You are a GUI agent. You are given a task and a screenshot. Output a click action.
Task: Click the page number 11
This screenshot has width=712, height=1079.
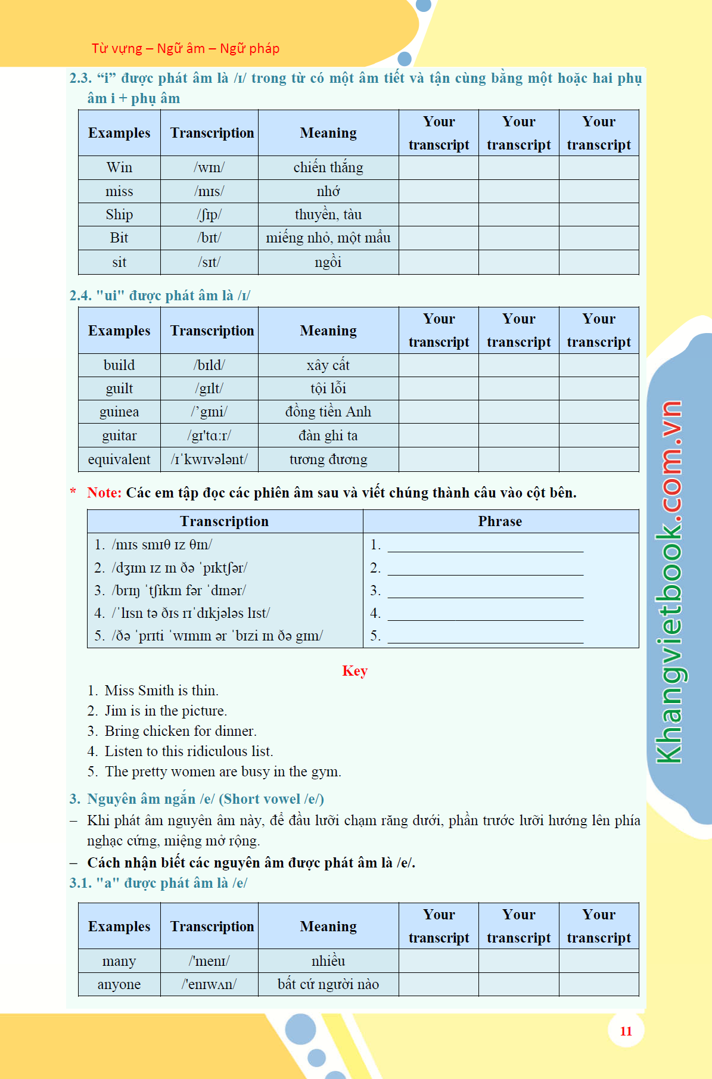pyautogui.click(x=626, y=1031)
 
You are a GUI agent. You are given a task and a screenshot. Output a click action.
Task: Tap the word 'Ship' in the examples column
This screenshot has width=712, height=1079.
pyautogui.click(x=119, y=214)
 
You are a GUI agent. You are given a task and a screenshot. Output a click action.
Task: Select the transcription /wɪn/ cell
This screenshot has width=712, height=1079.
pyautogui.click(x=209, y=168)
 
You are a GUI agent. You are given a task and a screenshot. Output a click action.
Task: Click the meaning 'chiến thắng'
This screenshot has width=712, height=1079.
pyautogui.click(x=328, y=168)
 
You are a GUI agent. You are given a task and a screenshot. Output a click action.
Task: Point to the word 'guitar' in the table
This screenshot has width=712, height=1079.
pyautogui.click(x=119, y=436)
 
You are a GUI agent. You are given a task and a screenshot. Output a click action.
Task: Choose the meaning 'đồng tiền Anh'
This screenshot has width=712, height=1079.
pyautogui.click(x=328, y=412)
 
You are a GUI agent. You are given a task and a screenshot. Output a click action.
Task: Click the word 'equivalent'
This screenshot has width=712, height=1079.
pyautogui.click(x=119, y=459)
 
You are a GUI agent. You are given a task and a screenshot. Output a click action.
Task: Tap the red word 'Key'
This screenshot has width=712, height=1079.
pyautogui.click(x=355, y=671)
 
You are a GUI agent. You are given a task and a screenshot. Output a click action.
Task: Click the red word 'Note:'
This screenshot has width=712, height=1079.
pyautogui.click(x=104, y=493)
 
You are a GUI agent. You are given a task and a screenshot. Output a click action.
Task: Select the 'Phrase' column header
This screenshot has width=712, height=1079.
pyautogui.click(x=500, y=521)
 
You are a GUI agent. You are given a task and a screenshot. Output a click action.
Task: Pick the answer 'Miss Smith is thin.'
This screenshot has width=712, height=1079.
pyautogui.click(x=161, y=691)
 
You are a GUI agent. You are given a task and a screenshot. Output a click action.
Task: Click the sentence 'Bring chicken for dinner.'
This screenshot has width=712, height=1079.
pyautogui.click(x=181, y=731)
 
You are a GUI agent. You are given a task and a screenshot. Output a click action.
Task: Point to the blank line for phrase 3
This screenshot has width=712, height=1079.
pyautogui.click(x=485, y=592)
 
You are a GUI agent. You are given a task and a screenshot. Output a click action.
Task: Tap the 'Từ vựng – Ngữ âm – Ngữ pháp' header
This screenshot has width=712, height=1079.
pyautogui.click(x=185, y=48)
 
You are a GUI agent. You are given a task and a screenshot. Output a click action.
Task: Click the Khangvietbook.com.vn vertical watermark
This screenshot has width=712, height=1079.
pyautogui.click(x=669, y=582)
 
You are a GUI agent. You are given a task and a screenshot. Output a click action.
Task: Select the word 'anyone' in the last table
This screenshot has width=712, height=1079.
pyautogui.click(x=119, y=984)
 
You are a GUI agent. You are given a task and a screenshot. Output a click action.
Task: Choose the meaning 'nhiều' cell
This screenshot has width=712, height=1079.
pyautogui.click(x=328, y=961)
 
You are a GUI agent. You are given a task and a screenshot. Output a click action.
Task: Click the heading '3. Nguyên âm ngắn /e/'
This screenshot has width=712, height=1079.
pyautogui.click(x=197, y=799)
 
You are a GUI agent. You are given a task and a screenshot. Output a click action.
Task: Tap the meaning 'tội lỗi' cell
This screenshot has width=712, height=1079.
pyautogui.click(x=328, y=388)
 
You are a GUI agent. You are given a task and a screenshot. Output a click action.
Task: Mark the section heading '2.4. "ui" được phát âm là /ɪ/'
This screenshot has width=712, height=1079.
pyautogui.click(x=160, y=296)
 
